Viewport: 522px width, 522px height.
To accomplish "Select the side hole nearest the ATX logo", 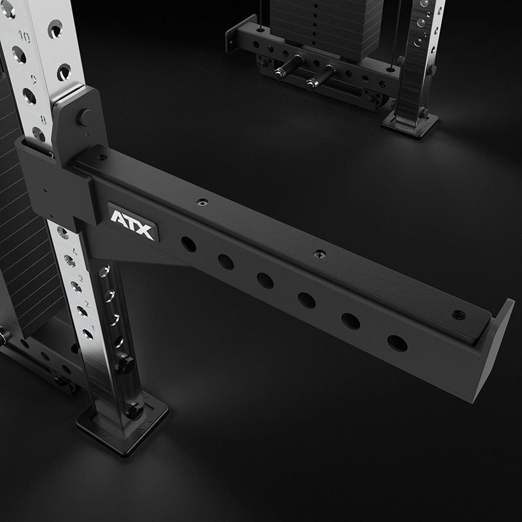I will tap(189, 245).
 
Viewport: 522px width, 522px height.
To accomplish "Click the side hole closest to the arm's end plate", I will tap(397, 343).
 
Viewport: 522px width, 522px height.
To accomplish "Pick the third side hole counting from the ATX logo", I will tap(265, 281).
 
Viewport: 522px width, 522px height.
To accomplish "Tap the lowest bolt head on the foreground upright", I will tap(134, 411).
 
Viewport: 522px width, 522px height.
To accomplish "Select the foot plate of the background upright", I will tap(410, 122).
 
